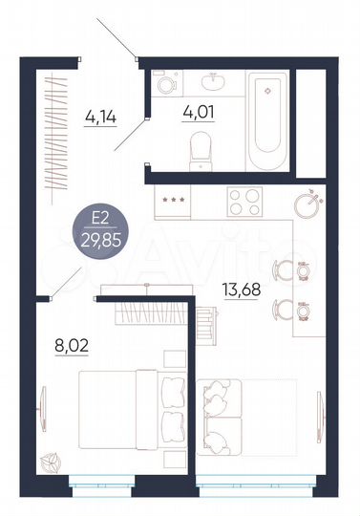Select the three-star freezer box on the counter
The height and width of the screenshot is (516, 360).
[175, 201]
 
